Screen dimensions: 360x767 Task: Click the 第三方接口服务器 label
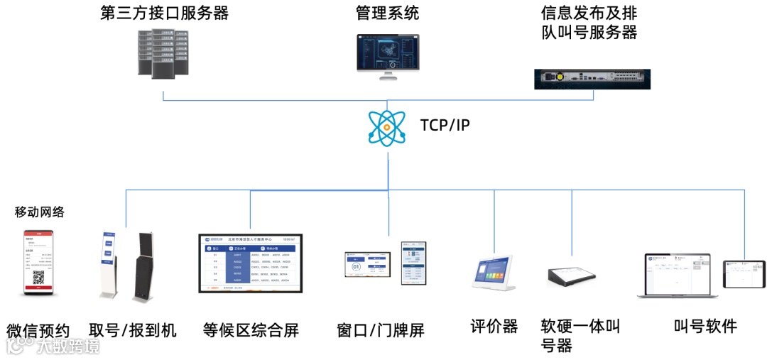[x=165, y=13]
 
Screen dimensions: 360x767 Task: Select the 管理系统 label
[x=387, y=13]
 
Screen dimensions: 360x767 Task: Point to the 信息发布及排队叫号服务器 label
[x=588, y=23]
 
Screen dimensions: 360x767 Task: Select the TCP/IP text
[x=445, y=126]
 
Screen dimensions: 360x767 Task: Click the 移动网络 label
[x=40, y=212]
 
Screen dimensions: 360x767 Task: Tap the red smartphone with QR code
[x=39, y=262]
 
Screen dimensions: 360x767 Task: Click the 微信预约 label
[x=38, y=331]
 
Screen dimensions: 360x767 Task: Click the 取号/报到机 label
[x=133, y=330]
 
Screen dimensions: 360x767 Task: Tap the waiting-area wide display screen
[x=250, y=263]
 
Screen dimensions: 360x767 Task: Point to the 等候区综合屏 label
[x=251, y=330]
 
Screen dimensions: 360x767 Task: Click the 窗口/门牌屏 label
[x=381, y=331]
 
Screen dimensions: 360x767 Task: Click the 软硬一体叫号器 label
[x=580, y=335]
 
